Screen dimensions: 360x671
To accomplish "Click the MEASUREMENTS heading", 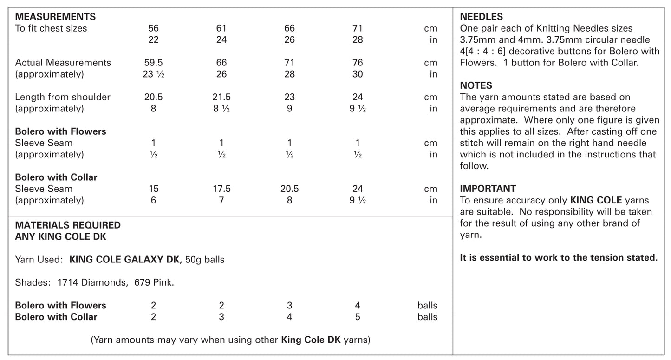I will point(55,17).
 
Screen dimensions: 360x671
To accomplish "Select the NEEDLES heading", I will point(481,17).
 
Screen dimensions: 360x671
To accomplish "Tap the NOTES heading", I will point(476,85).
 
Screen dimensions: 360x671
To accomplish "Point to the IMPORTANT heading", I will point(488,189).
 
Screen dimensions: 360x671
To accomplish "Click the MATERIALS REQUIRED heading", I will point(68,225).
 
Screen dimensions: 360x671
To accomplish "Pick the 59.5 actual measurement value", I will point(153,63).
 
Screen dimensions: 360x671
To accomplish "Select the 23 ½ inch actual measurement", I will point(153,74).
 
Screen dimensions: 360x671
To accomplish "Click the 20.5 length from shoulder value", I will point(153,97).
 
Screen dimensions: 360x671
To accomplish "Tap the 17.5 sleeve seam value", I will point(221,189).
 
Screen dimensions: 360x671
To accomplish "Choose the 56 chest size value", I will point(153,28).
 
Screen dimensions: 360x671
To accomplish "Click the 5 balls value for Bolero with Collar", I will point(358,317).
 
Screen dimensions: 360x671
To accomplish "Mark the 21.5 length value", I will point(221,97).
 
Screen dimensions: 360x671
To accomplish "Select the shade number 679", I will point(141,282).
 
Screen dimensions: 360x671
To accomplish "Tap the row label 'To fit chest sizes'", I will point(51,28).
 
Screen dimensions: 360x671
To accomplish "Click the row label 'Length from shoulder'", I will point(63,97).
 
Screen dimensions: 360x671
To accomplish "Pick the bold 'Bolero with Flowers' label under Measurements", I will point(60,131).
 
